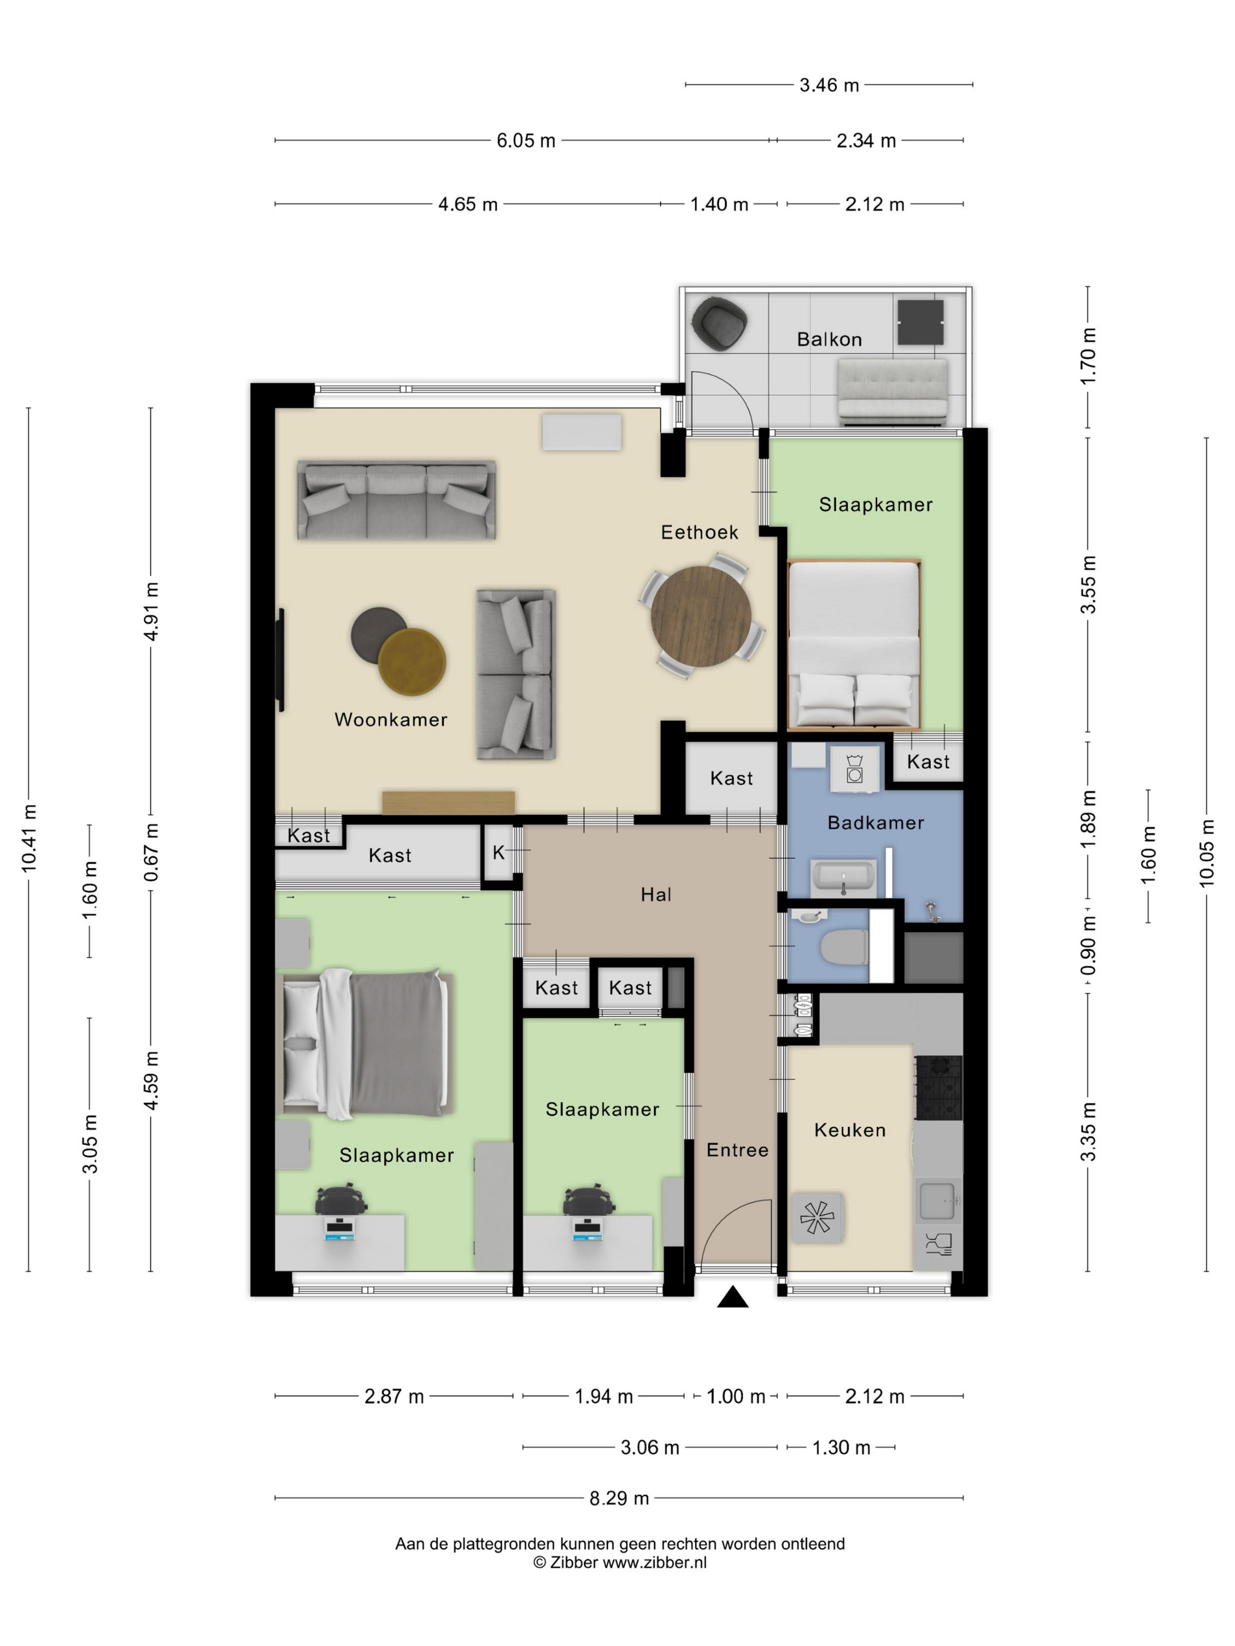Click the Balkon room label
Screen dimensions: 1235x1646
(x=829, y=339)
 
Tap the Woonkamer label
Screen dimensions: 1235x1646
(x=391, y=720)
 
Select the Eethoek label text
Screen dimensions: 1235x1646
(x=699, y=532)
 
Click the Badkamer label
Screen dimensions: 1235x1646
(x=876, y=822)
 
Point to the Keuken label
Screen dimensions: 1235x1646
(x=849, y=1130)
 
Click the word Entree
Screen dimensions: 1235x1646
(x=737, y=1150)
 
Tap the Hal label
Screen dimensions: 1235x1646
(x=656, y=895)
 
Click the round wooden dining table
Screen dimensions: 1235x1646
(x=700, y=616)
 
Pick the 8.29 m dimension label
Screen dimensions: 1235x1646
(x=619, y=1498)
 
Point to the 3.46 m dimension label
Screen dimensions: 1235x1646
(x=829, y=85)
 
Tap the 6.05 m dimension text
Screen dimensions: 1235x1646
(x=526, y=140)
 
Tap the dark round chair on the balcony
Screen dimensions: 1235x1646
(x=719, y=322)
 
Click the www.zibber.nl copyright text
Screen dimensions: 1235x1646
(x=619, y=1563)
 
